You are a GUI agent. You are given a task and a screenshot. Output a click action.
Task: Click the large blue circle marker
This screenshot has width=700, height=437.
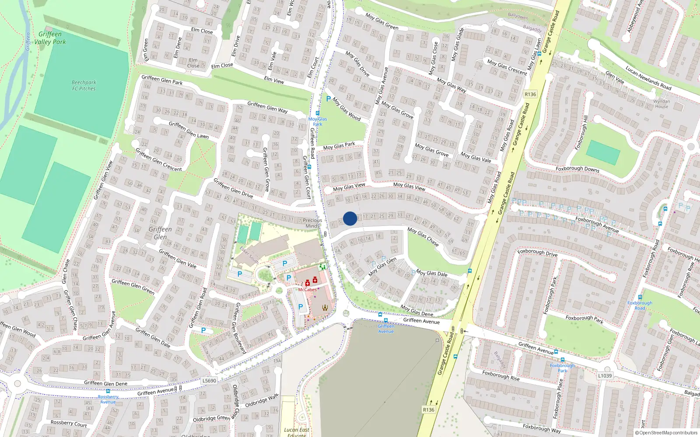[x=350, y=218]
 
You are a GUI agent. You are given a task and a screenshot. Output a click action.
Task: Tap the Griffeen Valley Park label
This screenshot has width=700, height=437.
[x=50, y=38]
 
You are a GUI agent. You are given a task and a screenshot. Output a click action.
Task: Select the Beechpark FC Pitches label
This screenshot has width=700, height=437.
[x=84, y=85]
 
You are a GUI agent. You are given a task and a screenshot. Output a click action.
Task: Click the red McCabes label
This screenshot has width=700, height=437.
[x=308, y=290]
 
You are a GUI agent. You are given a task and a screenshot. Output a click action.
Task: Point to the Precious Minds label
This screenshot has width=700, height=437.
[x=312, y=223]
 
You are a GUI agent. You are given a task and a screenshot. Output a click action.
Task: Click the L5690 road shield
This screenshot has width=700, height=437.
[x=209, y=381]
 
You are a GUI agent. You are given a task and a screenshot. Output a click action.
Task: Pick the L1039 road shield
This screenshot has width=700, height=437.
[x=605, y=375]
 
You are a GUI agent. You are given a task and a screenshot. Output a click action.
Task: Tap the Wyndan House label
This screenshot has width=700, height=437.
[x=661, y=104]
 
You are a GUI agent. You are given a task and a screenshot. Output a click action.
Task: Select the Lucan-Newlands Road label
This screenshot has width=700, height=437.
[x=648, y=78]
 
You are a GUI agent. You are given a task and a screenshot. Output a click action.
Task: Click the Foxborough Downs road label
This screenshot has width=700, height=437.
[x=577, y=169]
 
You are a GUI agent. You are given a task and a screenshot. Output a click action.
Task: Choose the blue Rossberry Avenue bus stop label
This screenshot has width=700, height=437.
[x=108, y=399]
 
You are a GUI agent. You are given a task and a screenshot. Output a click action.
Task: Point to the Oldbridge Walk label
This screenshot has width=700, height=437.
[x=262, y=401]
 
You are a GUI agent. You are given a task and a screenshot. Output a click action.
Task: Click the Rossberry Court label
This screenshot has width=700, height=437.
[x=69, y=423]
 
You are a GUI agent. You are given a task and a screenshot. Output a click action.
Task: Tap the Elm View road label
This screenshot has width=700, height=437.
[x=274, y=80]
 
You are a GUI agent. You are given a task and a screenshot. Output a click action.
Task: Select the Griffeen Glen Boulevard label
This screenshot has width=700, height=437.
[x=239, y=328]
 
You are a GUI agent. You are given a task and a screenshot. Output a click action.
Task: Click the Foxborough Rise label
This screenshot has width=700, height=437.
[x=501, y=375]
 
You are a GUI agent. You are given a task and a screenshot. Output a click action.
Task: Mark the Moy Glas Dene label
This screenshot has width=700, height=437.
[x=416, y=311]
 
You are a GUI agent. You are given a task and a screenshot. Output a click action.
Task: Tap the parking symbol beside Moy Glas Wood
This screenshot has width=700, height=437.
[x=329, y=99]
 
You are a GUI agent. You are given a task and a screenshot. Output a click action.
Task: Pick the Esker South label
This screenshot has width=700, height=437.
[x=249, y=255]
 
